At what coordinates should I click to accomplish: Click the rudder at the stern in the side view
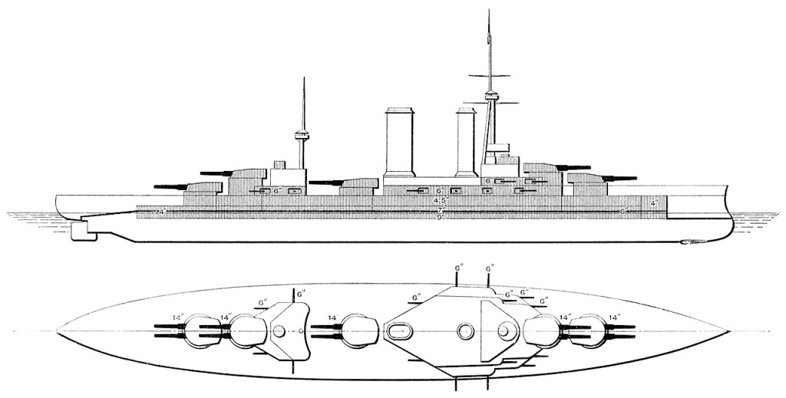(x=81, y=232)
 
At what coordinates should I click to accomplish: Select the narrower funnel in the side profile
(x=467, y=144)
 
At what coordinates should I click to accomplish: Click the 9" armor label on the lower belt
(x=441, y=218)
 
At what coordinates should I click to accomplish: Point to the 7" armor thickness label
(x=441, y=209)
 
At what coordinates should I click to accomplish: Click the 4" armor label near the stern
(x=161, y=209)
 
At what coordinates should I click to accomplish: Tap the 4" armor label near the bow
(x=653, y=202)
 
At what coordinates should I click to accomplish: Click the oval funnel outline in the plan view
(x=401, y=331)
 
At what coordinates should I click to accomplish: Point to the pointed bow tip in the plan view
(x=728, y=331)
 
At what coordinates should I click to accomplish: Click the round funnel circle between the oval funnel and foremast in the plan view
(x=465, y=331)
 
